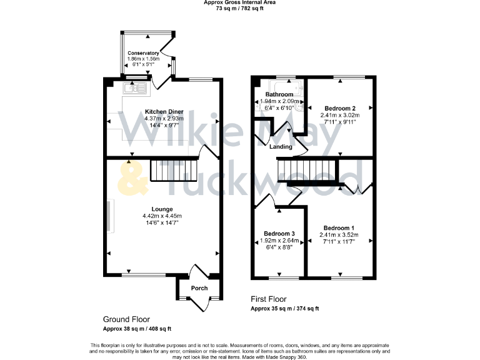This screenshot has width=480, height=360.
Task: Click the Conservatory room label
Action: point(143,53)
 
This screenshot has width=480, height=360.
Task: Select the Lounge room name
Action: point(162,209)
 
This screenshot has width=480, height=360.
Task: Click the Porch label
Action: point(199,288)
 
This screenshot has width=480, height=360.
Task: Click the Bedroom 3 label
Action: point(277,234)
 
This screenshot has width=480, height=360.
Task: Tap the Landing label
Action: point(281,147)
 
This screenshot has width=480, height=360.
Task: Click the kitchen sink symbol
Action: point(136,89)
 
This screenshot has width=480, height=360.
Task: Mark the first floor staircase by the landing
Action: point(307,169)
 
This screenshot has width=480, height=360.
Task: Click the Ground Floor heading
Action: point(126,319)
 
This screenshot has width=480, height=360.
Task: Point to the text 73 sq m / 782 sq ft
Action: point(239,9)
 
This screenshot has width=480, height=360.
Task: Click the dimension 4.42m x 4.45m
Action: point(162,216)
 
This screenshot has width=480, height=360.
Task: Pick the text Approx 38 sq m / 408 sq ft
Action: point(137,329)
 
